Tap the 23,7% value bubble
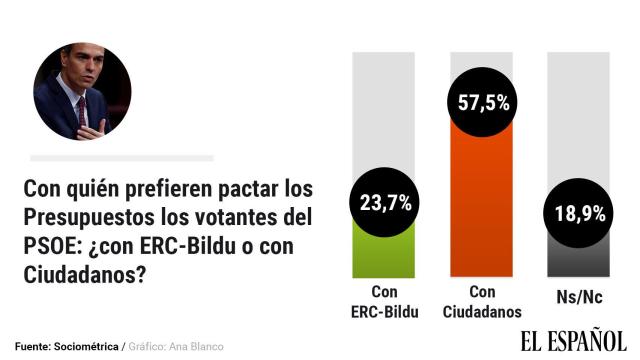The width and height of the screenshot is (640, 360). (x=383, y=203)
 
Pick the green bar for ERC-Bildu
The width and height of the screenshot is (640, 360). (x=383, y=256)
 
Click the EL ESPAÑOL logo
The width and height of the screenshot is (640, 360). (x=572, y=341)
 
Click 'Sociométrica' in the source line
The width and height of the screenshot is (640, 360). (x=88, y=346)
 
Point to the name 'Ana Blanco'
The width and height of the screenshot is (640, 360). (x=198, y=346)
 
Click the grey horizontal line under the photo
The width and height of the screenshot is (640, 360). (x=121, y=158)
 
